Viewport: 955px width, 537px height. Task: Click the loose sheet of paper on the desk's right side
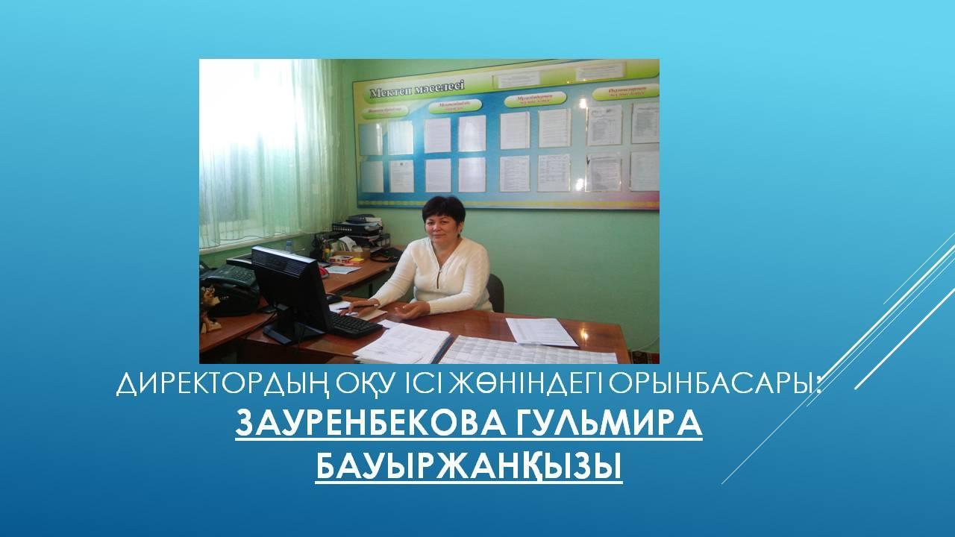(541, 331)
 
